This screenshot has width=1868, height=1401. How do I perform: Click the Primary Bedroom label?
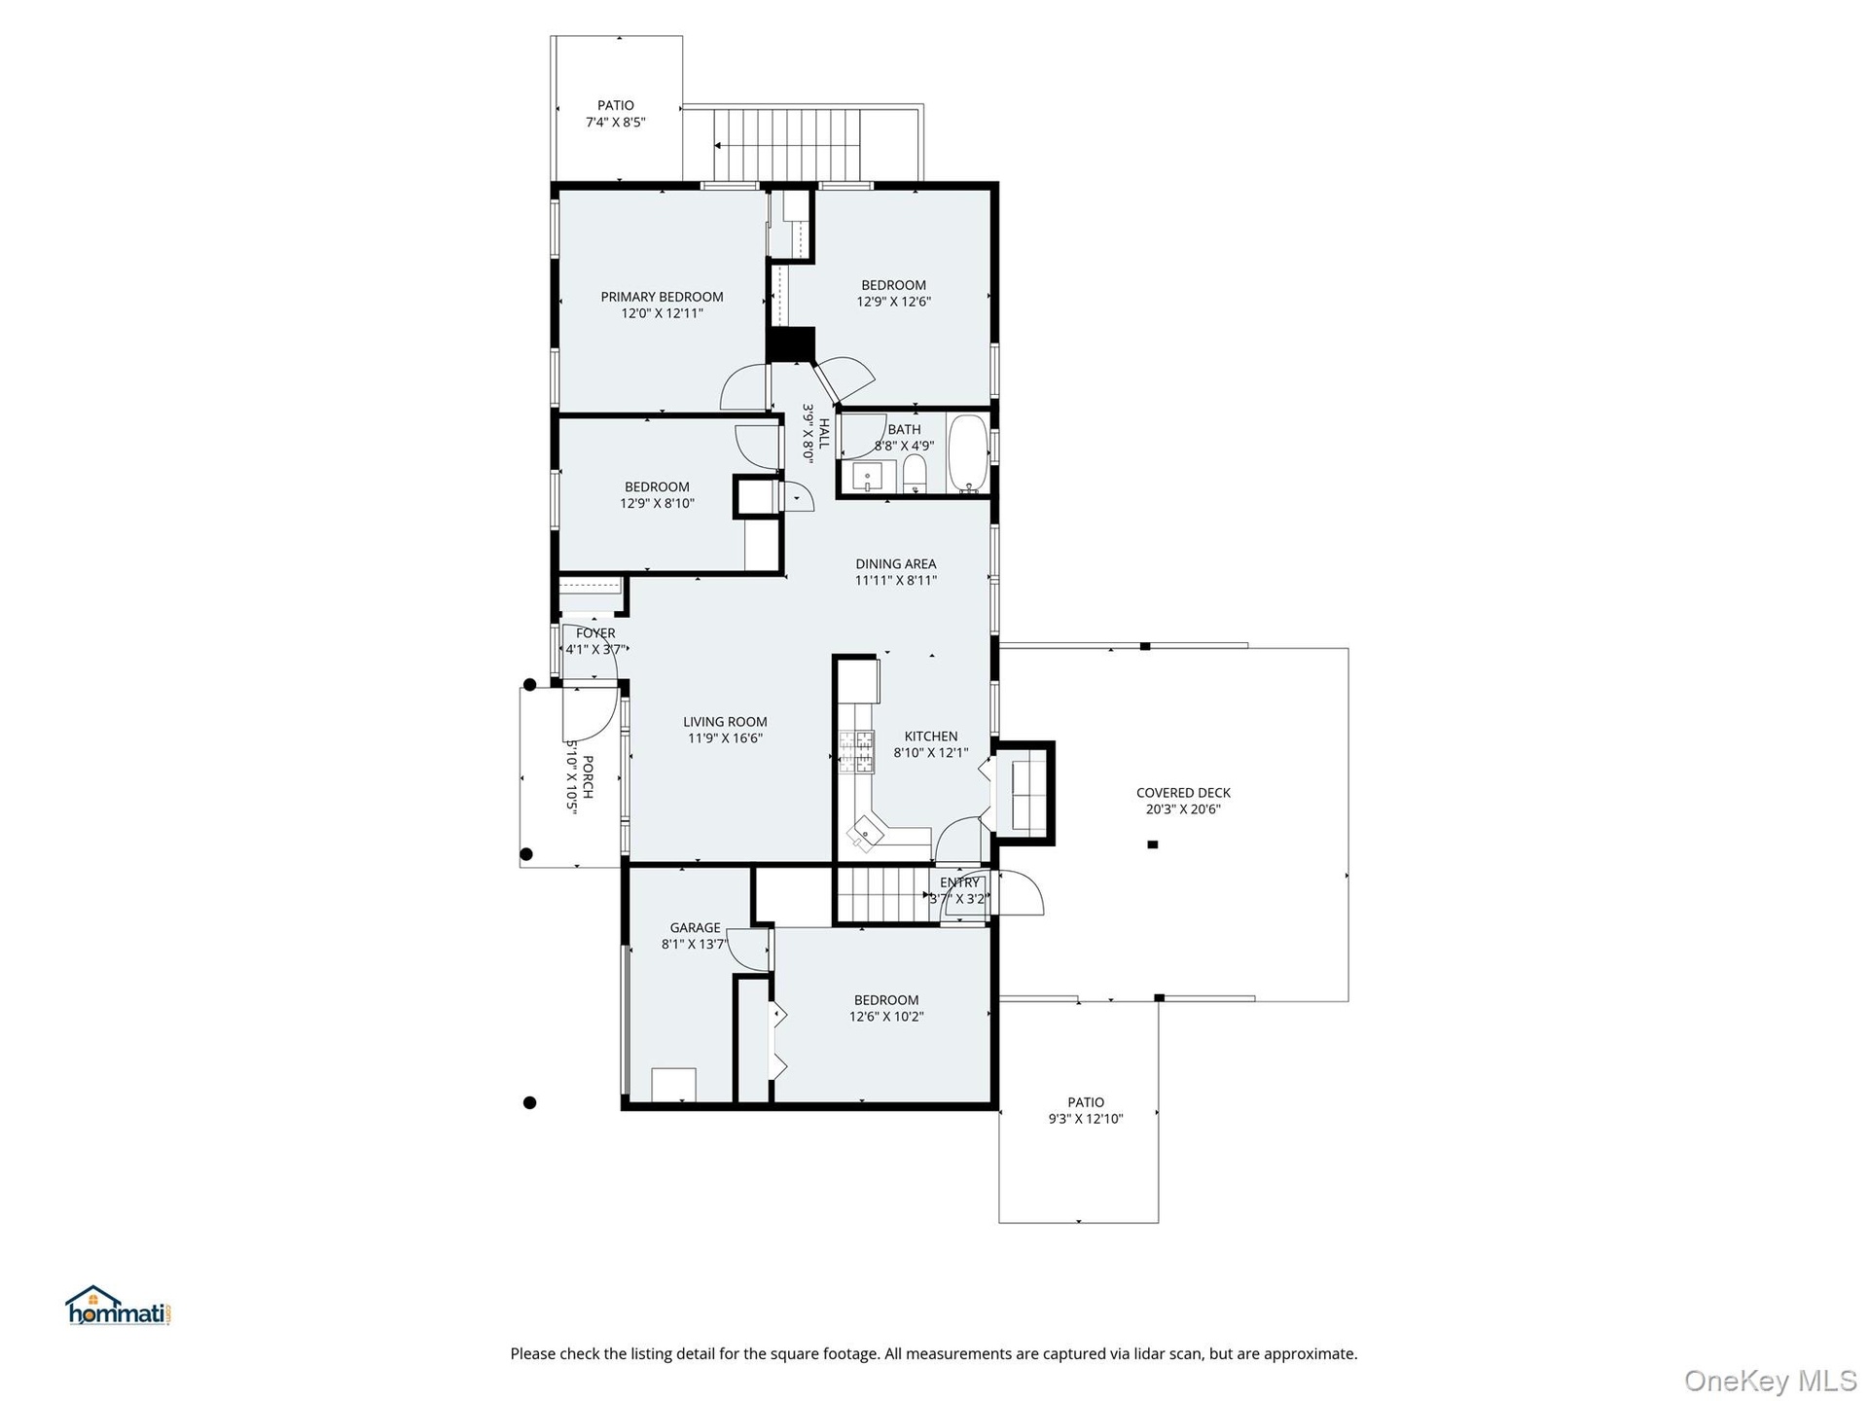(x=662, y=297)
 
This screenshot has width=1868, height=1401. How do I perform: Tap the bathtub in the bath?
(x=968, y=454)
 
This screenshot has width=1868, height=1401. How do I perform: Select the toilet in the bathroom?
(x=916, y=474)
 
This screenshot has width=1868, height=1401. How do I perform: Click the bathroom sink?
(x=867, y=476)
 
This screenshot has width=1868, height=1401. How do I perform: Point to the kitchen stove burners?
(x=856, y=751)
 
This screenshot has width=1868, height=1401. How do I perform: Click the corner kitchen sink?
(x=864, y=834)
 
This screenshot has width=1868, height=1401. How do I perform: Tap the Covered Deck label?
(x=1183, y=793)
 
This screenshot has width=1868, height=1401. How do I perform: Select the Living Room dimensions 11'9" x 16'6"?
(x=725, y=738)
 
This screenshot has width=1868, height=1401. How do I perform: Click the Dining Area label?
(x=896, y=564)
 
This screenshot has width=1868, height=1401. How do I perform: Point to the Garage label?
(x=695, y=928)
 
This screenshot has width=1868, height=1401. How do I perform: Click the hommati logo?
(x=119, y=1306)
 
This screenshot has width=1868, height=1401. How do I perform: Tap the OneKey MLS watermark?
(x=1771, y=1381)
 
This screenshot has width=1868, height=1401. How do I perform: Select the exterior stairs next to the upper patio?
(x=788, y=144)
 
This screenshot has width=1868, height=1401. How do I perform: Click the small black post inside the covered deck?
(x=1153, y=844)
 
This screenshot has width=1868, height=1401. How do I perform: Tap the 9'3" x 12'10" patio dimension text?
(x=1086, y=1119)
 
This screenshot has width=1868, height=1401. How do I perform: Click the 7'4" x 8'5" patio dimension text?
(x=616, y=123)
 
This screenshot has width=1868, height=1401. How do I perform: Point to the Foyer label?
(x=595, y=633)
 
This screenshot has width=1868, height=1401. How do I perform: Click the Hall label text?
(x=824, y=434)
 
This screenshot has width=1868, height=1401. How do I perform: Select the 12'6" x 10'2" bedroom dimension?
(x=886, y=1017)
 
